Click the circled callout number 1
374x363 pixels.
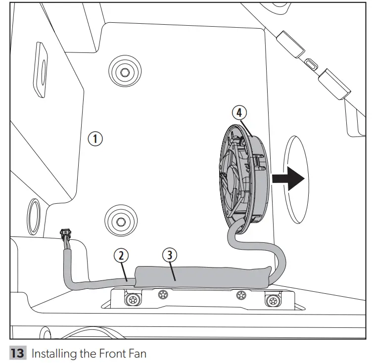tap(95, 138)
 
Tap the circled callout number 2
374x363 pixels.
tap(121, 255)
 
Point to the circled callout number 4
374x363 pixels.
tap(239, 112)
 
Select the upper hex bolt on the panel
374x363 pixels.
tap(123, 73)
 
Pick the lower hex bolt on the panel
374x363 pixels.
tap(120, 218)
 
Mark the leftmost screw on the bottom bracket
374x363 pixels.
tap(132, 300)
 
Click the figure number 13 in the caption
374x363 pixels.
tap(17, 354)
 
